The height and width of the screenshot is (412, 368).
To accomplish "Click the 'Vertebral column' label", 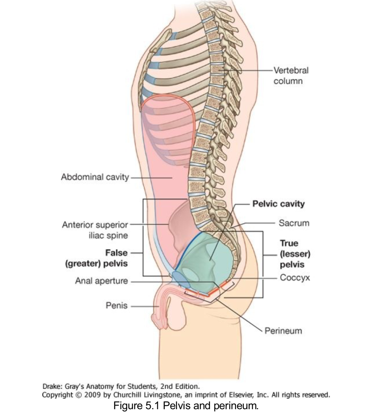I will pos(291,75).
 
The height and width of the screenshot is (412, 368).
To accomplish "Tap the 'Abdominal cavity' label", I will pos(95,177).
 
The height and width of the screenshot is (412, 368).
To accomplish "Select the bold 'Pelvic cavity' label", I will pos(278,204).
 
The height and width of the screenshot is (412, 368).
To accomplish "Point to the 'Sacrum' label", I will pos(294,223).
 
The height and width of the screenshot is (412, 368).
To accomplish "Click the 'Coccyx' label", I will pos(295,277).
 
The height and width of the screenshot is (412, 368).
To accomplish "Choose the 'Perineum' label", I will pos(283,331).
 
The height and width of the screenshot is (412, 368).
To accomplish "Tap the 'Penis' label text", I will pos(116,306).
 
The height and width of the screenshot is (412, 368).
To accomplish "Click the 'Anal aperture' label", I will pos(101,281).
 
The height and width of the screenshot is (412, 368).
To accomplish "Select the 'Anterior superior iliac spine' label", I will pos(95,230).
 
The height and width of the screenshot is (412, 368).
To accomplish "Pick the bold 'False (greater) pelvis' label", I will pos(96,258).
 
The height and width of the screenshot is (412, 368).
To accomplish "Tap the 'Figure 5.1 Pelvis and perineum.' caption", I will pos(186,406).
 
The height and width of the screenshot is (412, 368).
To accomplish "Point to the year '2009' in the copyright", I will pos(92,395).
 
